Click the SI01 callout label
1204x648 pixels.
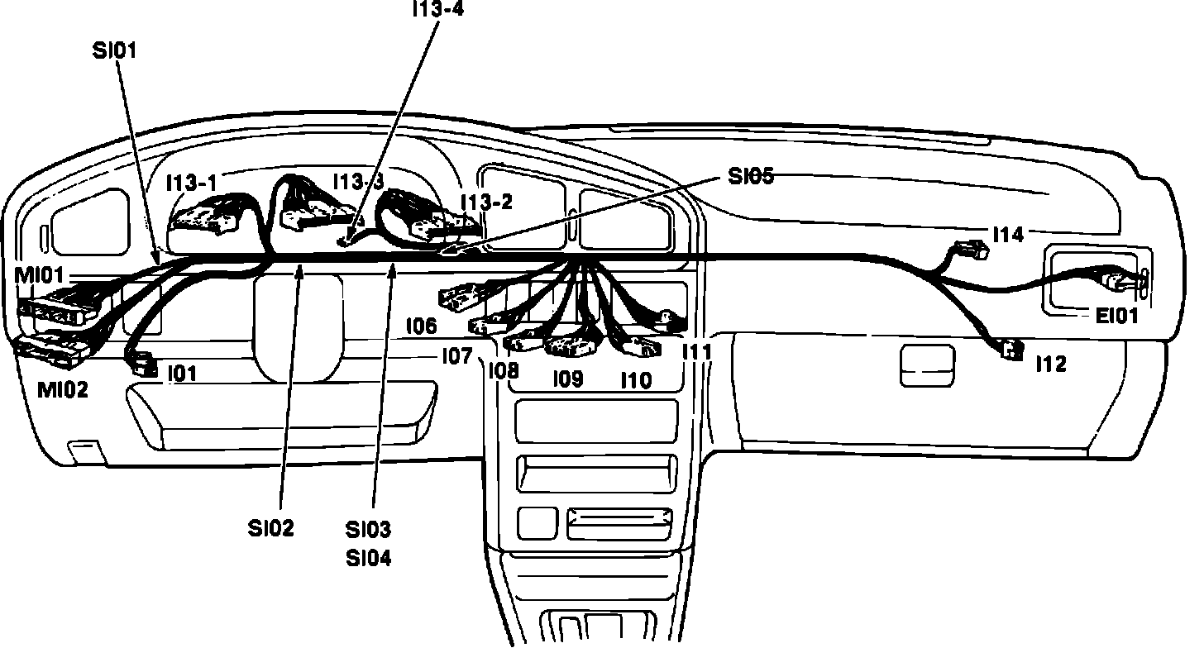(115, 50)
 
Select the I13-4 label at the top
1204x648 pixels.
(439, 8)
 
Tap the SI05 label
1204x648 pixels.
(751, 176)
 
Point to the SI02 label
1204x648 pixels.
(271, 527)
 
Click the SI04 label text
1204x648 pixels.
(369, 559)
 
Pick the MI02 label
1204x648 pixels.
(63, 389)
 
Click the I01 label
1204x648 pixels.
(182, 374)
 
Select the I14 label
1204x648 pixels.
(1008, 235)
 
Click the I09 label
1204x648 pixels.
(567, 379)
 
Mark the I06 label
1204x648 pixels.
(421, 326)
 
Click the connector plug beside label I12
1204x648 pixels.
(1011, 349)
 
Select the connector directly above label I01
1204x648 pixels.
(141, 362)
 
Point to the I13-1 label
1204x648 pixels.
(191, 183)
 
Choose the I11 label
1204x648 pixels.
(696, 351)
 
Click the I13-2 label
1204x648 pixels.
(487, 202)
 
